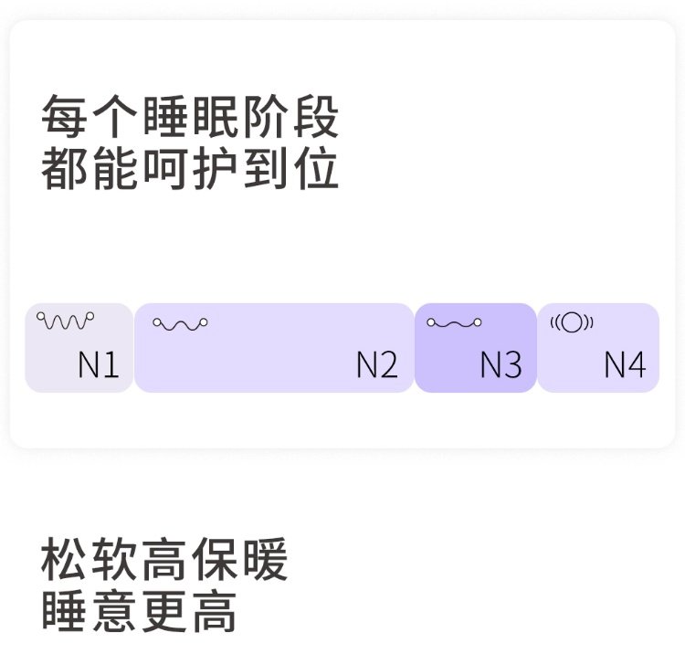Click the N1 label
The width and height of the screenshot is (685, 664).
[x=99, y=365]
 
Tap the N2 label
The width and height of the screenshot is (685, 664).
[x=377, y=365]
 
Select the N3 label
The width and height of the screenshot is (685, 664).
[x=501, y=365]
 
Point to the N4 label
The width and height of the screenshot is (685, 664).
[x=625, y=365]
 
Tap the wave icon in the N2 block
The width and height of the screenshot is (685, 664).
[x=180, y=323]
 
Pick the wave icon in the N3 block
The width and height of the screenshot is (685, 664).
[x=454, y=322]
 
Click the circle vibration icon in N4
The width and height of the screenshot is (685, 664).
[x=572, y=321]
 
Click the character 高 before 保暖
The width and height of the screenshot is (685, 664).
[x=165, y=561]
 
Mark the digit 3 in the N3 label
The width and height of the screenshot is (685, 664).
[x=511, y=365]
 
